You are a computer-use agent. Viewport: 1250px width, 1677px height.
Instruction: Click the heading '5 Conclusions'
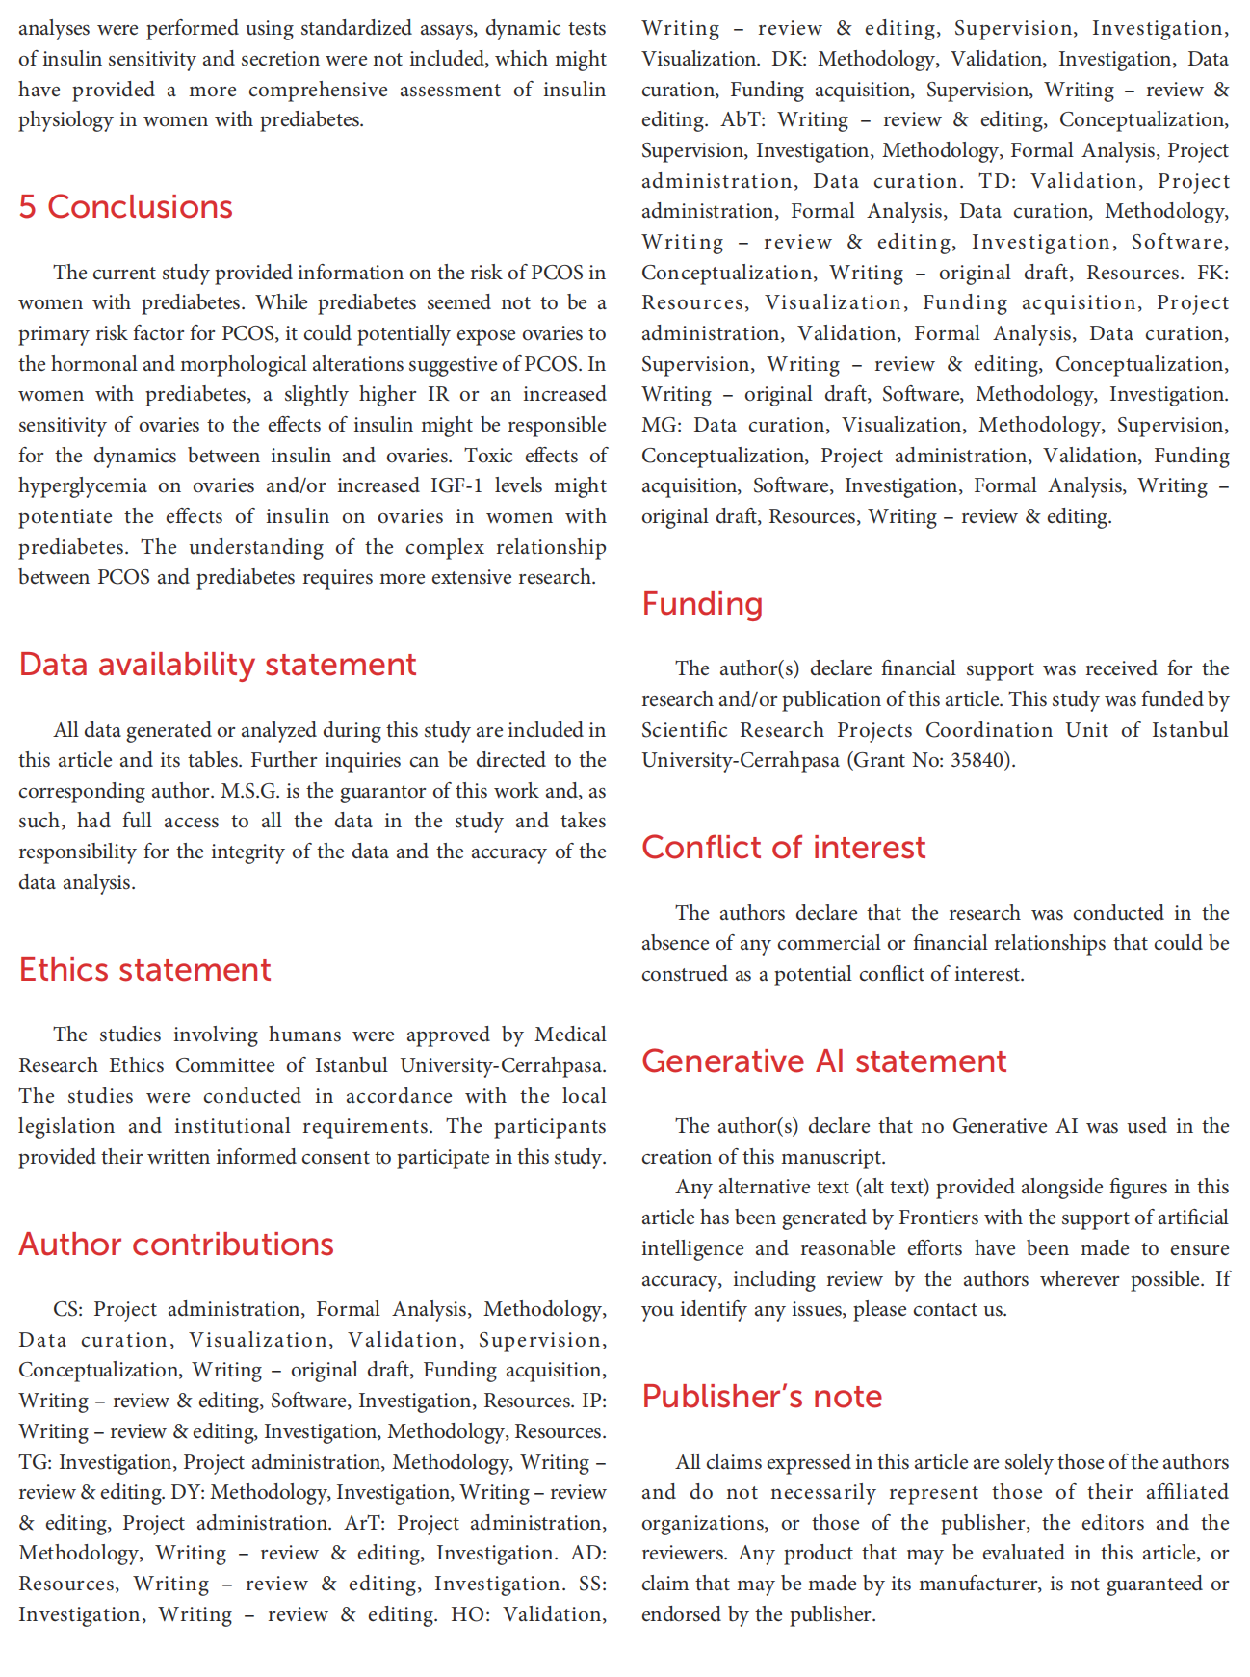125,207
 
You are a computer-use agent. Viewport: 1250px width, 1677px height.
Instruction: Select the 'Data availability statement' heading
218,665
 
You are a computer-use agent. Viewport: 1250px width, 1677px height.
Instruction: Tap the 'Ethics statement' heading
144,970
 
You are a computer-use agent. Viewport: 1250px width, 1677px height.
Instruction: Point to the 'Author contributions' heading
176,1245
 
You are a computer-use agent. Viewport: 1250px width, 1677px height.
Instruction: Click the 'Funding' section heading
702,604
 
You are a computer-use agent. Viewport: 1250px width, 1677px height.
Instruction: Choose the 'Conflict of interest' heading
783,848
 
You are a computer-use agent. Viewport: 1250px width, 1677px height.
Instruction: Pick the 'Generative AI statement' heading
823,1061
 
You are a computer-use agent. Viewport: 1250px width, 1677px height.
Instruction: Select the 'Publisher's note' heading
762,1397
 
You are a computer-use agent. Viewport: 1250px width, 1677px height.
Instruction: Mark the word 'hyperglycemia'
83,485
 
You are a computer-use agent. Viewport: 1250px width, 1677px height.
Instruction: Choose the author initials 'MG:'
661,425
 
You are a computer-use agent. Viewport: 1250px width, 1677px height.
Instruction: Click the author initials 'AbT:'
742,120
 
